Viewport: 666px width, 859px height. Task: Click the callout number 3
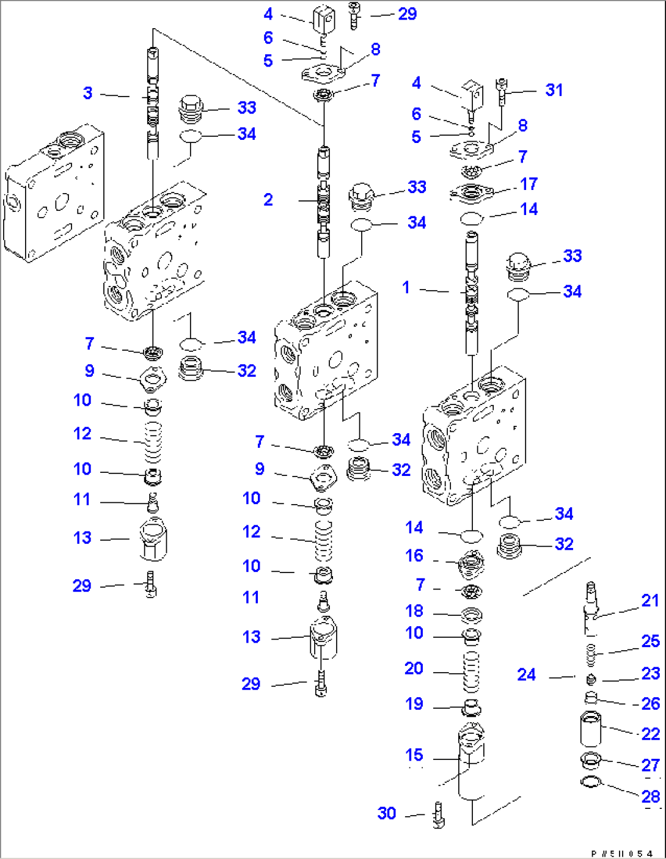[x=88, y=93]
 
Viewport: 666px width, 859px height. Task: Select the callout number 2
[x=268, y=200]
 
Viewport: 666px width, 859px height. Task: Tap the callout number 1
[x=406, y=287]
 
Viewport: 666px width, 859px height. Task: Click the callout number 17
[x=529, y=184]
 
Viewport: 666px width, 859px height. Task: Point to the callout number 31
[x=554, y=90]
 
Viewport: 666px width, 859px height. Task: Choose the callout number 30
[x=386, y=813]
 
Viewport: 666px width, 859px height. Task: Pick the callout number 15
[x=414, y=755]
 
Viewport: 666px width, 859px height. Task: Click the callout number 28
[x=651, y=797]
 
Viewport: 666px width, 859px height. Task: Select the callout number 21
[x=650, y=601]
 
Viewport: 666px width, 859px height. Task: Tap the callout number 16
[x=414, y=555]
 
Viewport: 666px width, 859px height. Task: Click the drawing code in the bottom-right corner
[x=622, y=851]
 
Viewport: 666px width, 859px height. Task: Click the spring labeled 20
[x=471, y=671]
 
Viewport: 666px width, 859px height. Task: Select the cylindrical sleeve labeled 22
[x=590, y=728]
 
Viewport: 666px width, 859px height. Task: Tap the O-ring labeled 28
[x=591, y=782]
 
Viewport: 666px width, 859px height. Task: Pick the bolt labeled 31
[x=502, y=92]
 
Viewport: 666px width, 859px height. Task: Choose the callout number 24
[x=527, y=674]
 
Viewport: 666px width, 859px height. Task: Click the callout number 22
[x=651, y=734]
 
